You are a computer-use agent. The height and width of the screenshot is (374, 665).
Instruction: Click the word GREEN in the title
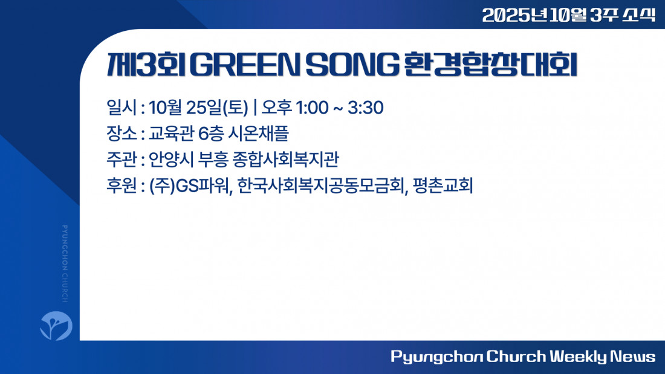pos(244,65)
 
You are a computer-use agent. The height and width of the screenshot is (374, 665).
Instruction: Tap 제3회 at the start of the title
pos(146,65)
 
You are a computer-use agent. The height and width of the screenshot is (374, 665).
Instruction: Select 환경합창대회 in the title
pos(491,65)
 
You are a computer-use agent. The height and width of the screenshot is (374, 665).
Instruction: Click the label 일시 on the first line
pos(122,108)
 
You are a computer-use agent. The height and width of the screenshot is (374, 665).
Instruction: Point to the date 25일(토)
pos(217,108)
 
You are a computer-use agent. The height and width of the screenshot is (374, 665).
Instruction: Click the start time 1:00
pos(312,108)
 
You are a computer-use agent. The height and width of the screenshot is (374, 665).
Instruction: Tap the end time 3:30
pos(366,108)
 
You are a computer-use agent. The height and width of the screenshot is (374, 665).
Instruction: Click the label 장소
pos(122,134)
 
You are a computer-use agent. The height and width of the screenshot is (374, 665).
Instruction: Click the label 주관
pos(122,160)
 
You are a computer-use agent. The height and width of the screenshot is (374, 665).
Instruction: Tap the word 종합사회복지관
pos(286,160)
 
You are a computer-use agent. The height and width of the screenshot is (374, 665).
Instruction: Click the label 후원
pos(122,185)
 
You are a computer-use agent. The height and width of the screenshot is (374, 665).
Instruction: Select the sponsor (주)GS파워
pos(190,185)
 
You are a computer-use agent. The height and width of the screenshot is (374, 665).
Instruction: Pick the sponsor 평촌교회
pos(443,185)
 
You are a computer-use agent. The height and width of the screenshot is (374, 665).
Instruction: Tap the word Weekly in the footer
pos(579,356)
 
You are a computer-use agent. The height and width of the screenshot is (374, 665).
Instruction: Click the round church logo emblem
pos(56,326)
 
